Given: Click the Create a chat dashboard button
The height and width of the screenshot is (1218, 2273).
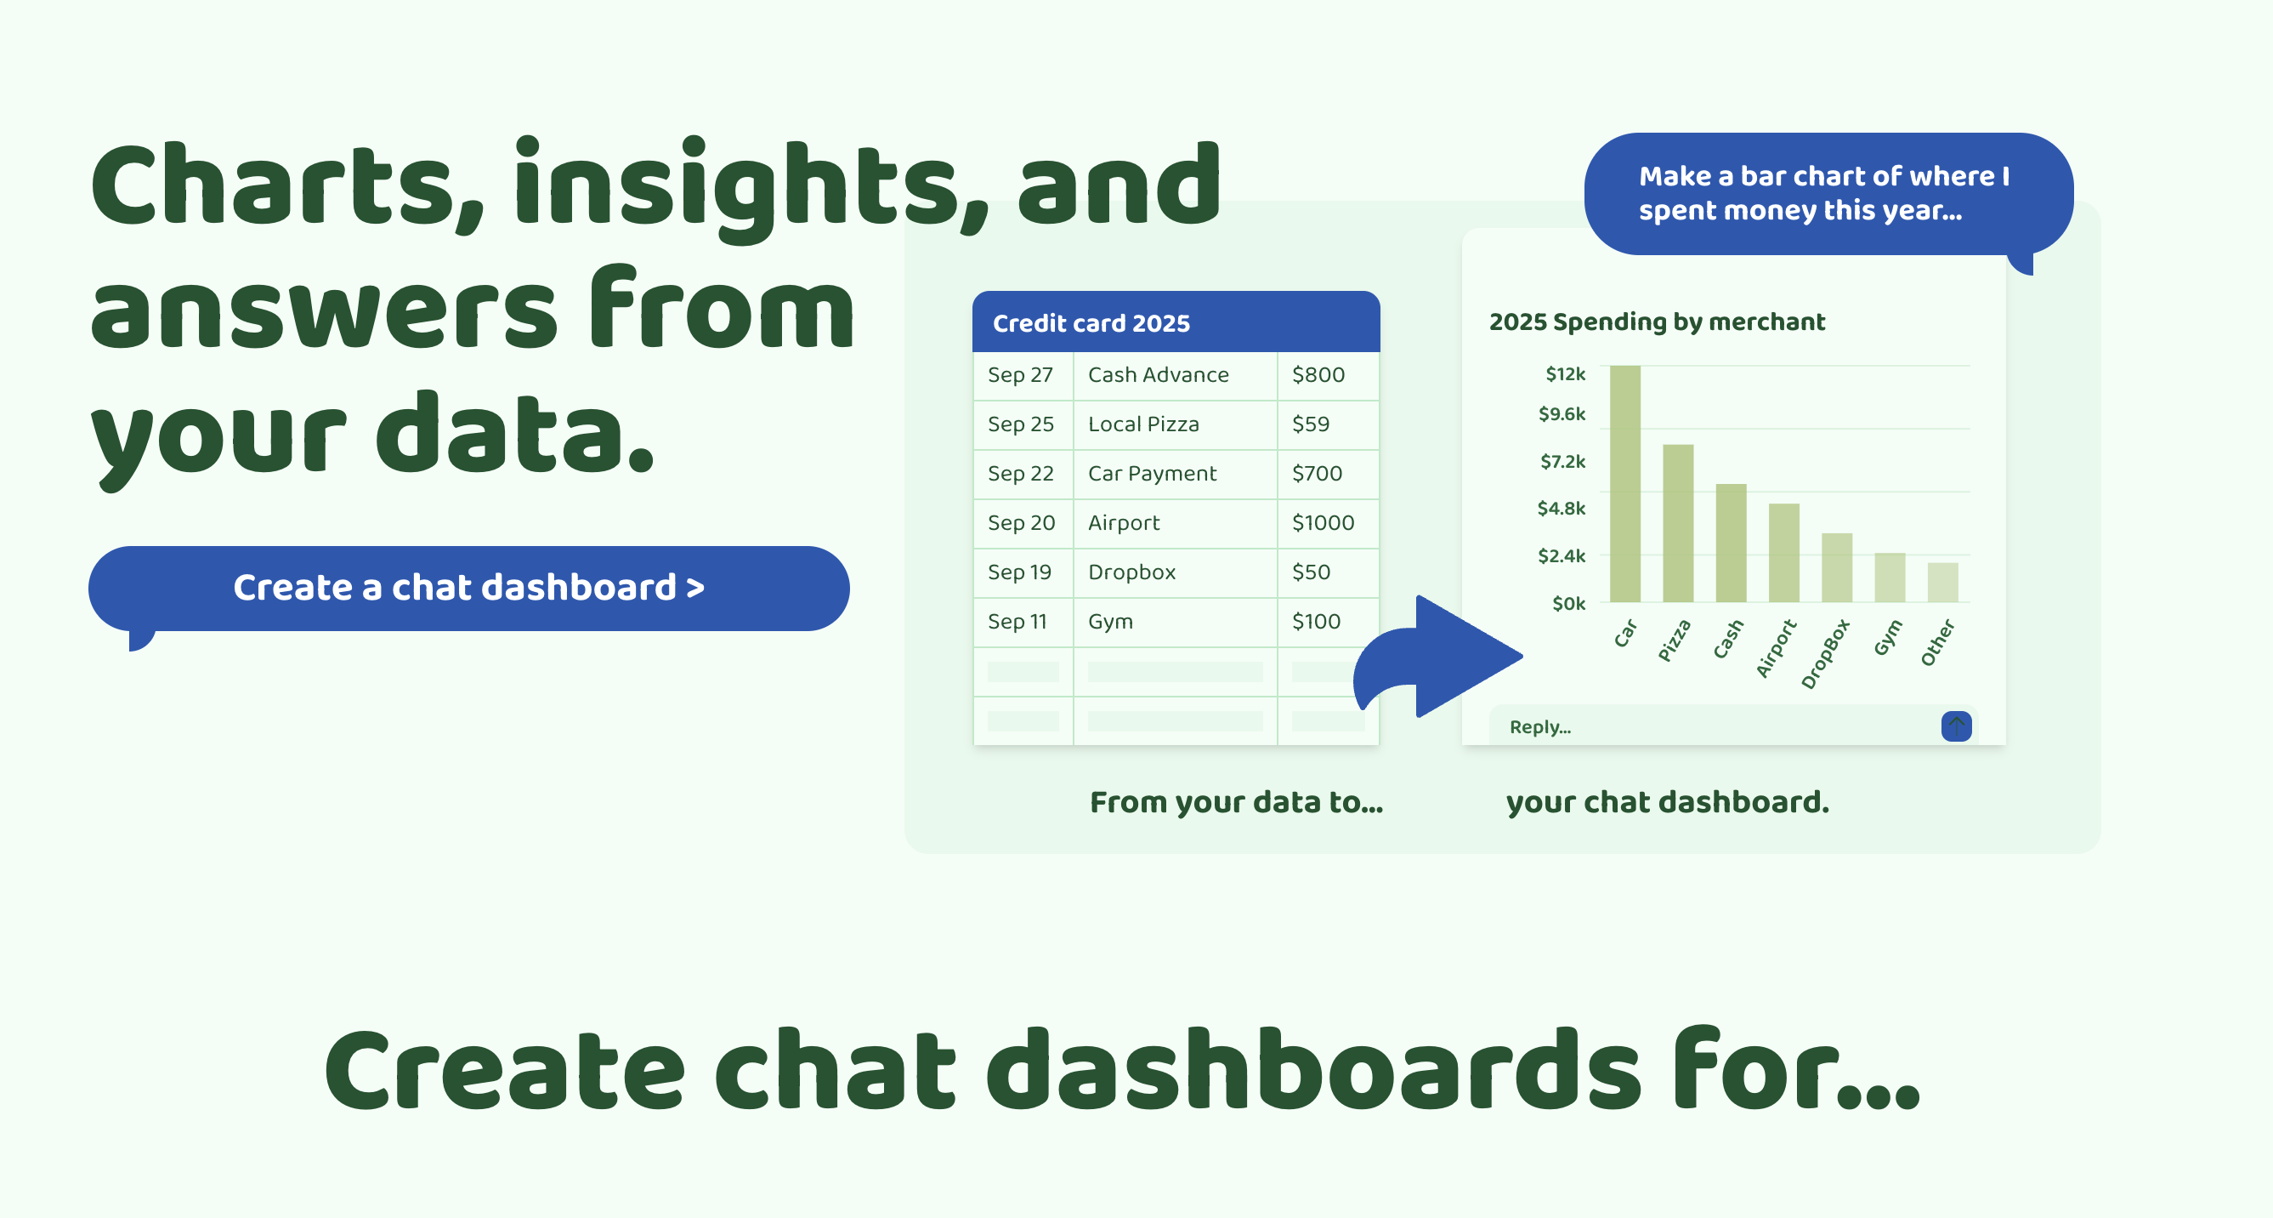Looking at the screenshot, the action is coord(468,589).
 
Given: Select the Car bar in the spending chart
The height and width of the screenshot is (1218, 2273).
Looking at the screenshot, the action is coord(1625,484).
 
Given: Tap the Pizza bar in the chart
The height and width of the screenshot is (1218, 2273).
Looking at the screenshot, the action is coord(1678,523).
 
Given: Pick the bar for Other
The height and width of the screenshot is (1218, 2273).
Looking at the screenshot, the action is coord(1943,583).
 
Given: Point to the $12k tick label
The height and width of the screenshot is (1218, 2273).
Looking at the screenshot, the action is coord(1565,374).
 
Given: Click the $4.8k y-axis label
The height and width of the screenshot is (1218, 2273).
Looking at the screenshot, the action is coord(1561,509).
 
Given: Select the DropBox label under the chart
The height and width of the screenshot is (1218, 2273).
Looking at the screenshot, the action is coord(1825,654).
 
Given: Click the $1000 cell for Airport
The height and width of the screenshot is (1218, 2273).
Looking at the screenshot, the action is coord(1323,523).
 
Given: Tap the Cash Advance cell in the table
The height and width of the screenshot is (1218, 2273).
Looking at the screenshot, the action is coord(1158,375).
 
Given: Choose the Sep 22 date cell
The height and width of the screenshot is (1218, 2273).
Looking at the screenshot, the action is coord(1020,474).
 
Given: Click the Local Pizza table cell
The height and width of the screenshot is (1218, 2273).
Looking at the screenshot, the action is coord(1143,424).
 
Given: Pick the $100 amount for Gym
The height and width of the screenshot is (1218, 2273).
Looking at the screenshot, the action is coord(1316,623).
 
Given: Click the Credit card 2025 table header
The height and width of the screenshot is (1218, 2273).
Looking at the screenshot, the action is coord(1176,322).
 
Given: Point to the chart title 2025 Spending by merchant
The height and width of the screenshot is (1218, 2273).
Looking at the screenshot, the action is coord(1657,322).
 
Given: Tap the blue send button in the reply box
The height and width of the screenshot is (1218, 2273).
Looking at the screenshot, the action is coord(1956,726).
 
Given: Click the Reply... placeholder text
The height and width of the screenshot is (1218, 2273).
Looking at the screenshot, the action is coord(1539,727).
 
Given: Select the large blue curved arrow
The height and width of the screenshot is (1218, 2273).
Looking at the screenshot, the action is coord(1438,657).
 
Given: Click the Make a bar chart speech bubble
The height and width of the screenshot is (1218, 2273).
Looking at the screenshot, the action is coord(1828,194).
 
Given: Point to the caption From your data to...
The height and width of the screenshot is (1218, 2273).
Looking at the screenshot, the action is coord(1236,802).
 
